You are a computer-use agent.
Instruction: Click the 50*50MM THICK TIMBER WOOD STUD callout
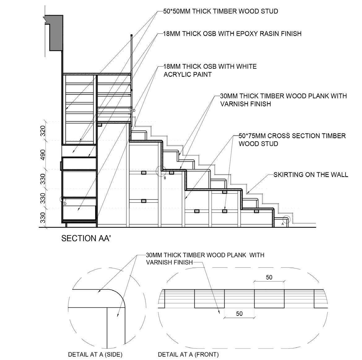tap(220, 11)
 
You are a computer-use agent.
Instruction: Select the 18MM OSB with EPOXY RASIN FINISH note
tap(232, 33)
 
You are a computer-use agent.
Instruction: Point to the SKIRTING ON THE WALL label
tap(311, 175)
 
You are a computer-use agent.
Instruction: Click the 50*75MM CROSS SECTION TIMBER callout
tap(292, 136)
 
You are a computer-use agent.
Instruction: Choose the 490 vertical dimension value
tap(43, 155)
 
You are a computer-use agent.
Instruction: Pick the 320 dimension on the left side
tap(43, 131)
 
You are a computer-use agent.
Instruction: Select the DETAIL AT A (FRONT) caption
tap(188, 354)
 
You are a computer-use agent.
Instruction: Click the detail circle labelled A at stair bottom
tap(286, 220)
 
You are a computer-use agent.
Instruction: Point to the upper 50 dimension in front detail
tap(269, 277)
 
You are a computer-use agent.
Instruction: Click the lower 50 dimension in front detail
tap(239, 314)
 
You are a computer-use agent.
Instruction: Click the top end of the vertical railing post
tap(131, 36)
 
